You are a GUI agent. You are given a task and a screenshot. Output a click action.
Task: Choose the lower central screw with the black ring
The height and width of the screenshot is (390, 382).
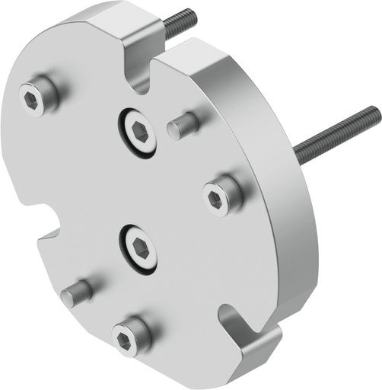coord(138,248)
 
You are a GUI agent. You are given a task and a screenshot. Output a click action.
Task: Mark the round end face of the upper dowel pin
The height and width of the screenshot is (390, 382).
coord(175,128)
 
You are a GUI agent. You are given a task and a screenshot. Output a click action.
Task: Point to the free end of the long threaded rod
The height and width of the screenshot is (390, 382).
coord(376,113)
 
